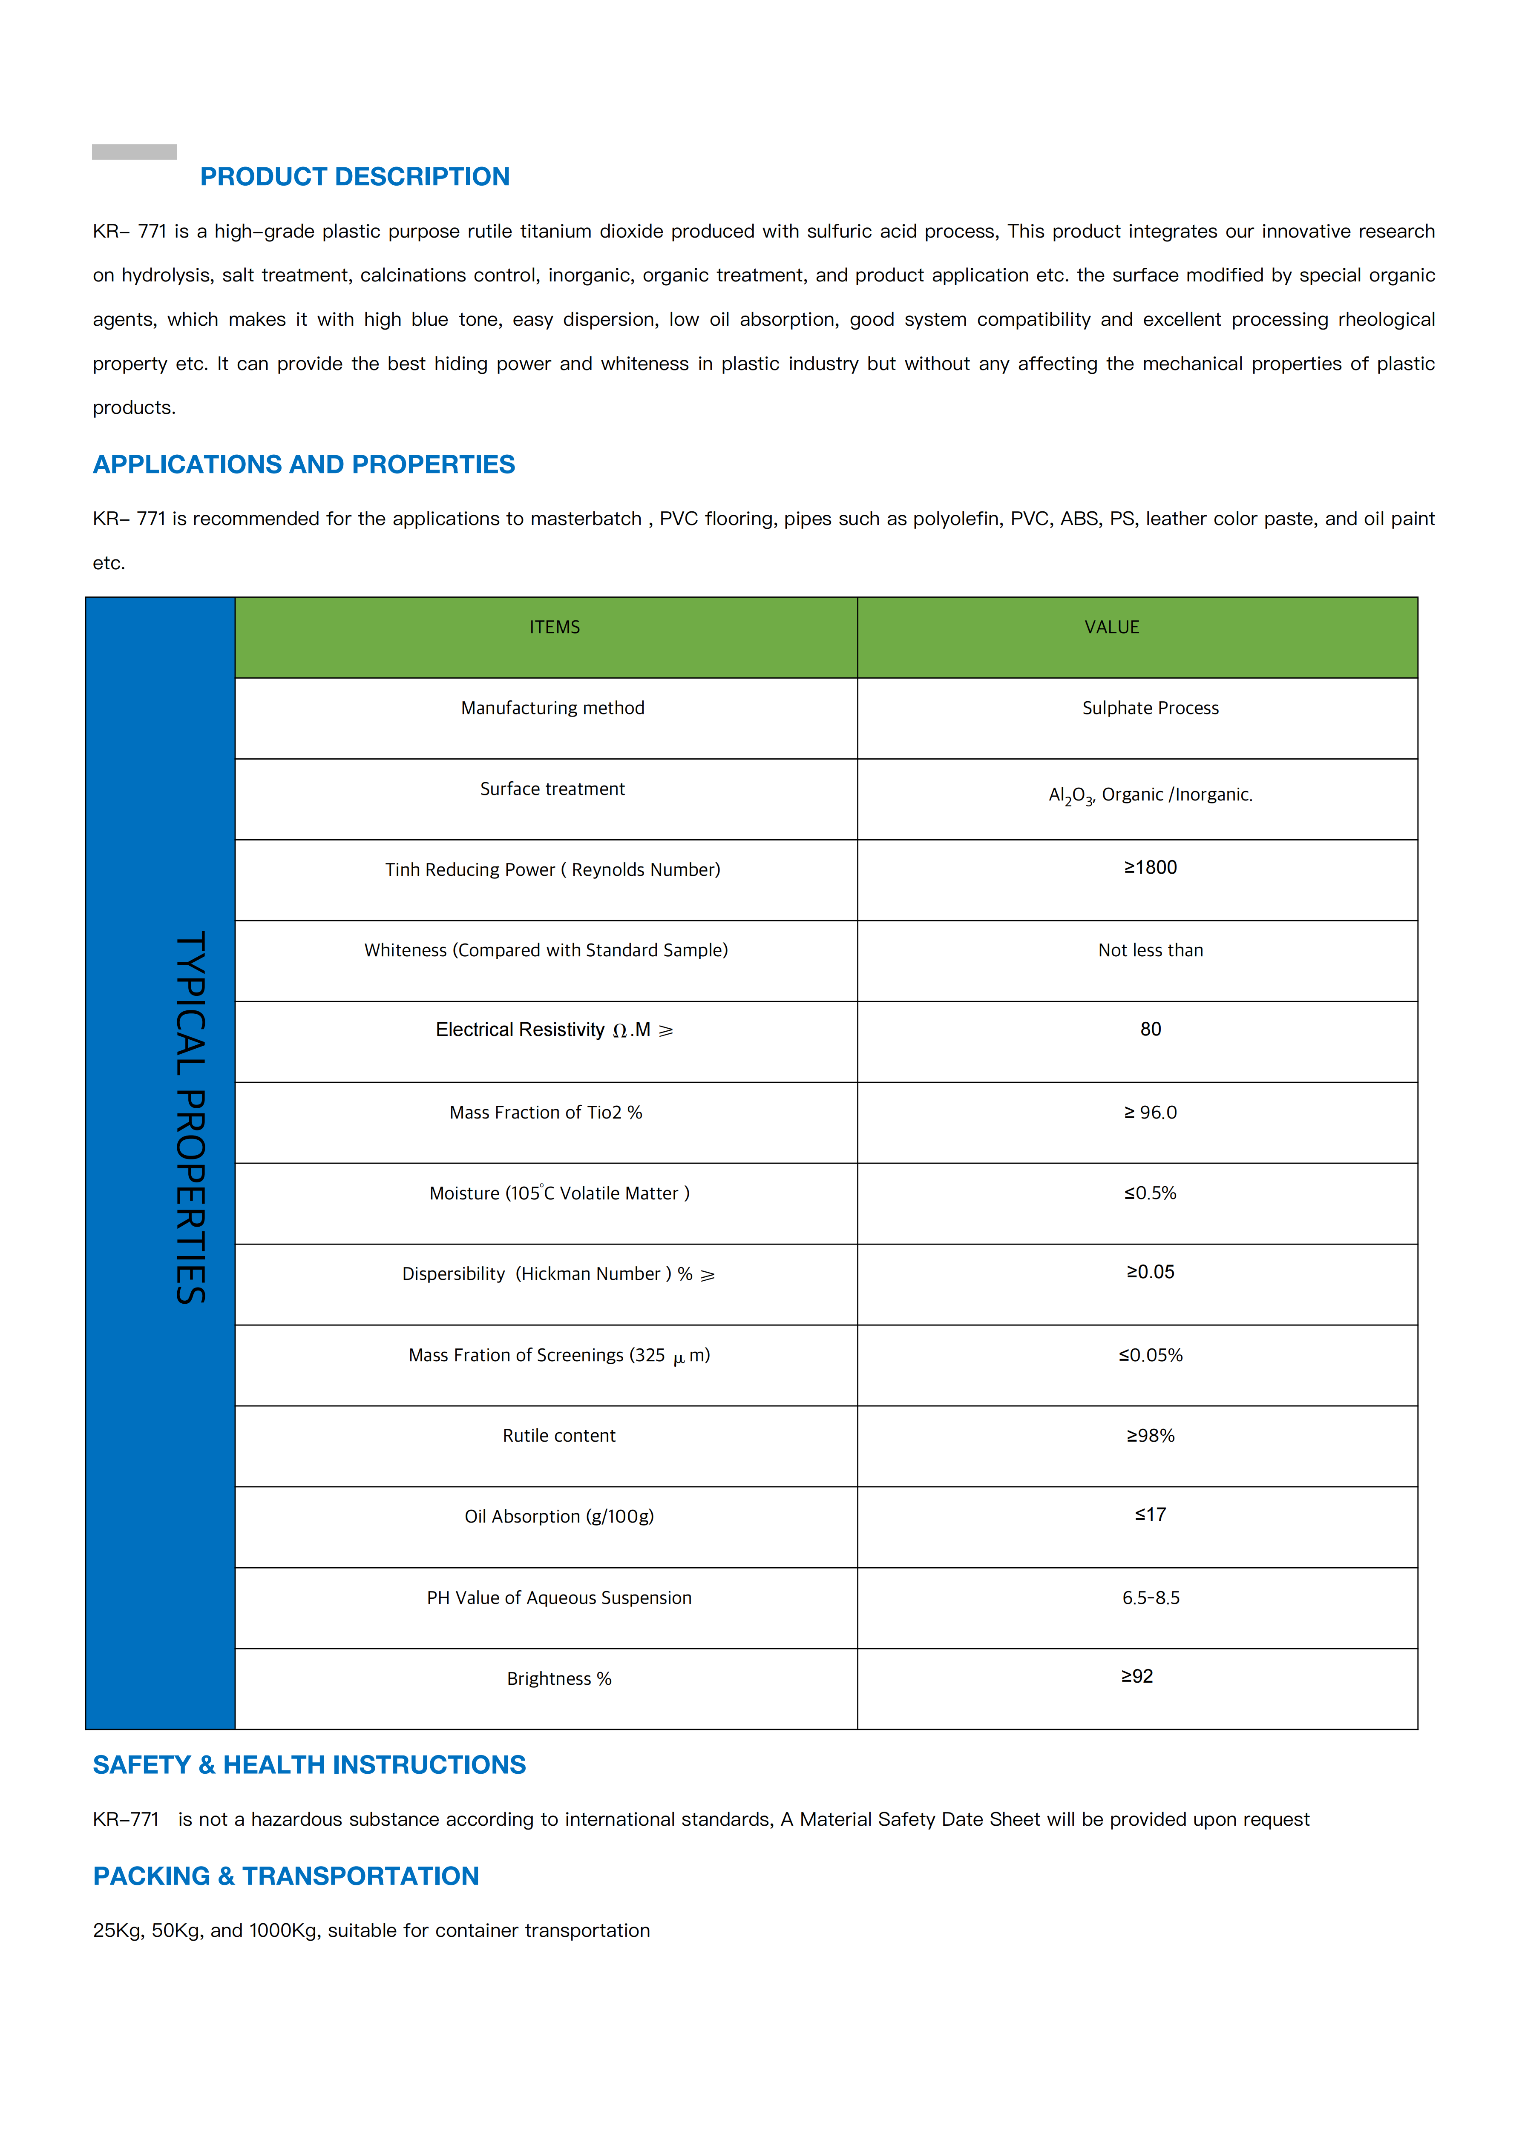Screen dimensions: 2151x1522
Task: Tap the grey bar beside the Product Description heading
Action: point(134,152)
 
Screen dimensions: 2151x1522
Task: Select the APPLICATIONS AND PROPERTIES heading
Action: point(304,465)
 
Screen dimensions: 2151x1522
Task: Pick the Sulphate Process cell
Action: point(1150,708)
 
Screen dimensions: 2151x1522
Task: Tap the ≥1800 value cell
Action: point(1150,868)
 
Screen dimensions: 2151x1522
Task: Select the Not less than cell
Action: point(1150,950)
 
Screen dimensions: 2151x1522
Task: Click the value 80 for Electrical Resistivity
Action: point(1150,1030)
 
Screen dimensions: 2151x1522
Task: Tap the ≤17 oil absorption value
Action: point(1150,1515)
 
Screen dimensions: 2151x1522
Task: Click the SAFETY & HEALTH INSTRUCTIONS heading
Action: point(309,1765)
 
